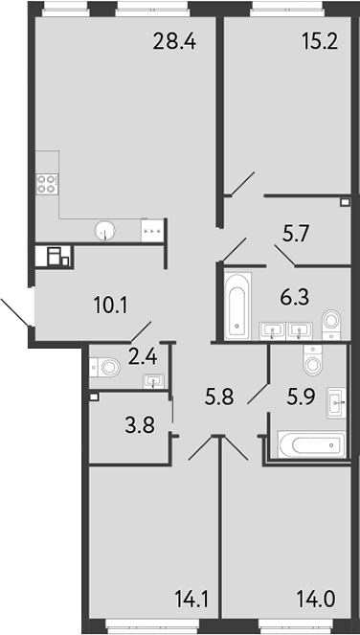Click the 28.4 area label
[x=174, y=41]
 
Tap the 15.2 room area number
[x=320, y=41]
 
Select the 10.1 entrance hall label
[x=110, y=306]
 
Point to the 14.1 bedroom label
[x=191, y=599]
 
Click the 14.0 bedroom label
[x=316, y=599]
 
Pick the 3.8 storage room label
[x=140, y=426]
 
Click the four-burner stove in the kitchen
[x=46, y=184]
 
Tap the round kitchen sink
[x=105, y=231]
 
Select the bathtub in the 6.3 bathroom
[x=237, y=306]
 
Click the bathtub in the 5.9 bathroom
[x=311, y=445]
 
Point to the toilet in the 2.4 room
[x=105, y=368]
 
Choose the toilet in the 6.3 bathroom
[x=331, y=325]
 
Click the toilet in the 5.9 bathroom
[x=313, y=360]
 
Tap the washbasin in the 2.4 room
[x=153, y=380]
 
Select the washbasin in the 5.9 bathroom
[x=336, y=403]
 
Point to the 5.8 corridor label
[x=220, y=398]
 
